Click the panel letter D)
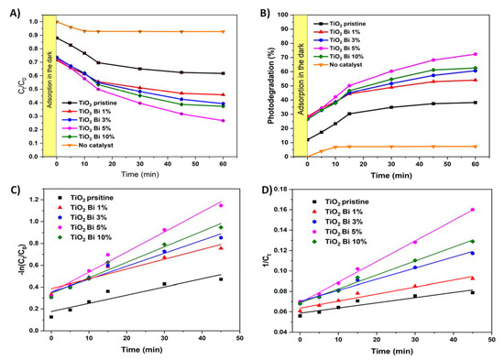pos(261,188)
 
